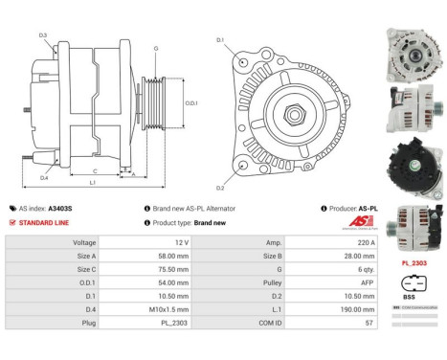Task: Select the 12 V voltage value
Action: tap(156, 243)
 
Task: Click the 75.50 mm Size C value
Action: tap(156, 270)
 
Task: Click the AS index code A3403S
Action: tap(61, 208)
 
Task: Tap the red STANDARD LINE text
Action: tap(47, 222)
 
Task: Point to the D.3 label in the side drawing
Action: tap(43, 35)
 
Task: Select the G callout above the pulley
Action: tap(156, 47)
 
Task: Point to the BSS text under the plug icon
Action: tap(411, 298)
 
